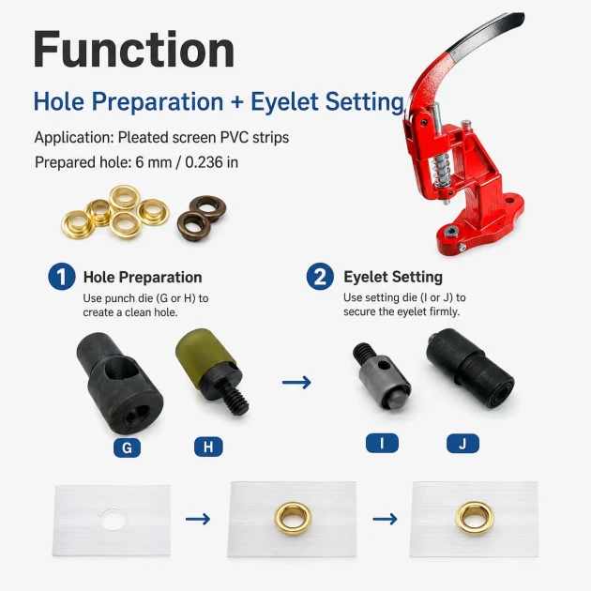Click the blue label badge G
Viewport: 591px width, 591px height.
(127, 447)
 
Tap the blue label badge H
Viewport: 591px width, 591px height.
(208, 447)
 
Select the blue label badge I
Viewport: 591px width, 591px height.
(382, 443)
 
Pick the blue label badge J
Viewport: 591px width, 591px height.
(462, 443)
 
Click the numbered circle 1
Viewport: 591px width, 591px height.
(62, 277)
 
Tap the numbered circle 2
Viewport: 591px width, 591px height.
(320, 277)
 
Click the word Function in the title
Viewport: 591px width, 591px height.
(134, 50)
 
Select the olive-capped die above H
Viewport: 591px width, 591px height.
(211, 371)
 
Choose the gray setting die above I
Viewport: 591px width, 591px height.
(382, 377)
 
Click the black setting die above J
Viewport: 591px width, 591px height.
(470, 369)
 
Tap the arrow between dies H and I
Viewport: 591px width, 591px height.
(296, 382)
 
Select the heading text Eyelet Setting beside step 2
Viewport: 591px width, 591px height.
(393, 277)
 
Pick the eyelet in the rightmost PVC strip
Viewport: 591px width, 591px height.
(474, 518)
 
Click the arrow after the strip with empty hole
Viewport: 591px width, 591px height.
(198, 519)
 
